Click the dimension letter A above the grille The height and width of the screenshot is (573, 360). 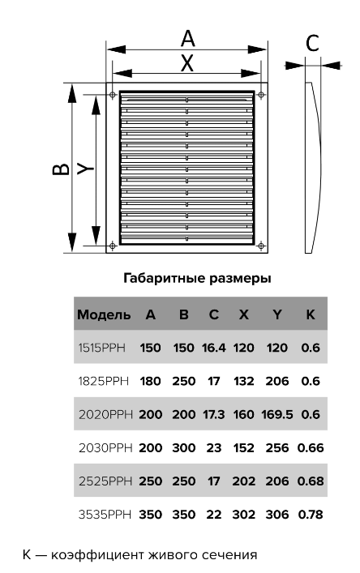(188, 39)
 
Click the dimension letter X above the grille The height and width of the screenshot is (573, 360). (187, 63)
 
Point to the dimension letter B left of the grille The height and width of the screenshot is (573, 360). (61, 169)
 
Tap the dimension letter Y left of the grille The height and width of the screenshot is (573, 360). (85, 169)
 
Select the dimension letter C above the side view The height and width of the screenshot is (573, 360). (312, 43)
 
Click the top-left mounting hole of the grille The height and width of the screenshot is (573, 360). (113, 95)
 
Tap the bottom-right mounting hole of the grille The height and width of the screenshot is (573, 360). (261, 246)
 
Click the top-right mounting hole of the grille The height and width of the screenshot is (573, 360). (261, 95)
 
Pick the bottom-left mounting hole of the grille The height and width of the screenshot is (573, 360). (113, 246)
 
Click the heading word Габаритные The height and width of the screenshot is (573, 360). (165, 279)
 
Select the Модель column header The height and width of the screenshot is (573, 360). (104, 314)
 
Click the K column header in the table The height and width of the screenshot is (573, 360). (311, 314)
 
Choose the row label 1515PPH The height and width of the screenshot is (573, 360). (101, 348)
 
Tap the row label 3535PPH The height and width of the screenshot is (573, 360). (105, 515)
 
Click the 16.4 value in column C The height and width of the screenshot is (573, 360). (214, 348)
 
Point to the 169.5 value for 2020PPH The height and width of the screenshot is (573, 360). (277, 414)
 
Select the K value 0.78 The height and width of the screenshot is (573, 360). (311, 515)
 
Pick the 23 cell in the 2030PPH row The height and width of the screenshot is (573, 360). (214, 447)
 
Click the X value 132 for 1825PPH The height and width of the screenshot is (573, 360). (244, 381)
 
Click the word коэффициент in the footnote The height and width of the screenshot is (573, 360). (97, 554)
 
